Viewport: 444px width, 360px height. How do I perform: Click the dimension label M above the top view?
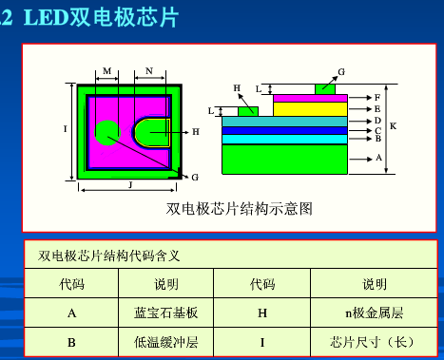click(106, 71)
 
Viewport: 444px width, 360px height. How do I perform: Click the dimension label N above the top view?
click(149, 71)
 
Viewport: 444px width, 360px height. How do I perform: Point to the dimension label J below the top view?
click(129, 186)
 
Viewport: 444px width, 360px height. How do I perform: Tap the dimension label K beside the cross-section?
click(393, 125)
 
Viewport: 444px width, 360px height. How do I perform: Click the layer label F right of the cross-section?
click(378, 98)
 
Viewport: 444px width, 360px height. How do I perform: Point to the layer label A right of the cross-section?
click(378, 158)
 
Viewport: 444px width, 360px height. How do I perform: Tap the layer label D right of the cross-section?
click(378, 121)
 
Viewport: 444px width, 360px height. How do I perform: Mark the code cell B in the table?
click(71, 341)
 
